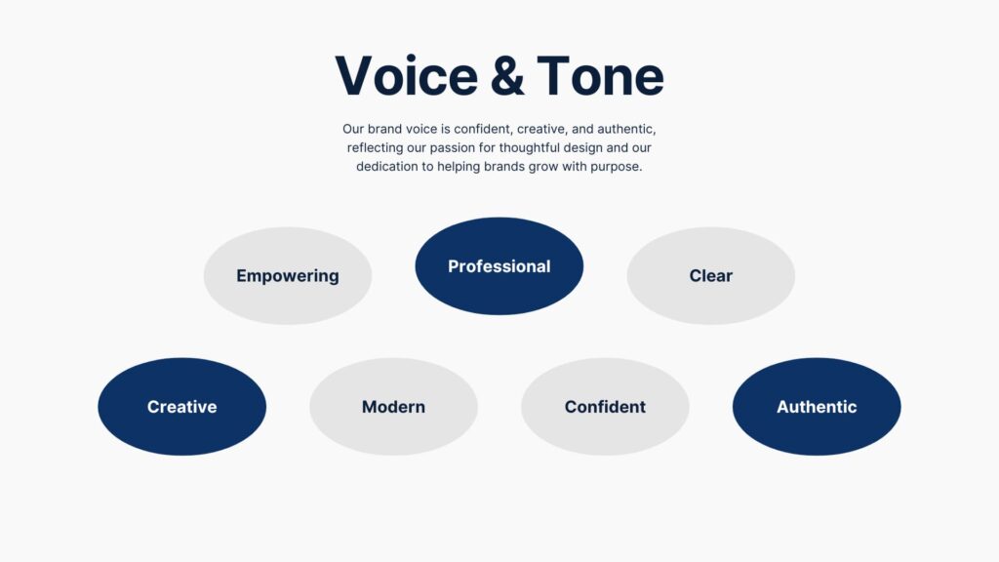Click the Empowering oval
[288, 276]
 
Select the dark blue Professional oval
[499, 266]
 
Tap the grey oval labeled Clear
[710, 276]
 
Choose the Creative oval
[181, 407]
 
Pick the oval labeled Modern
[393, 407]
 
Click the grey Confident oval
[605, 407]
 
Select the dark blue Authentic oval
[817, 407]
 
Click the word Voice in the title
[407, 76]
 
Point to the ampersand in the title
[507, 76]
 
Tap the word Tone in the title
[601, 76]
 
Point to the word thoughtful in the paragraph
[529, 148]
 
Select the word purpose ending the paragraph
[617, 167]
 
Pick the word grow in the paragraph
[543, 167]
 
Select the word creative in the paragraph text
[542, 130]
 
